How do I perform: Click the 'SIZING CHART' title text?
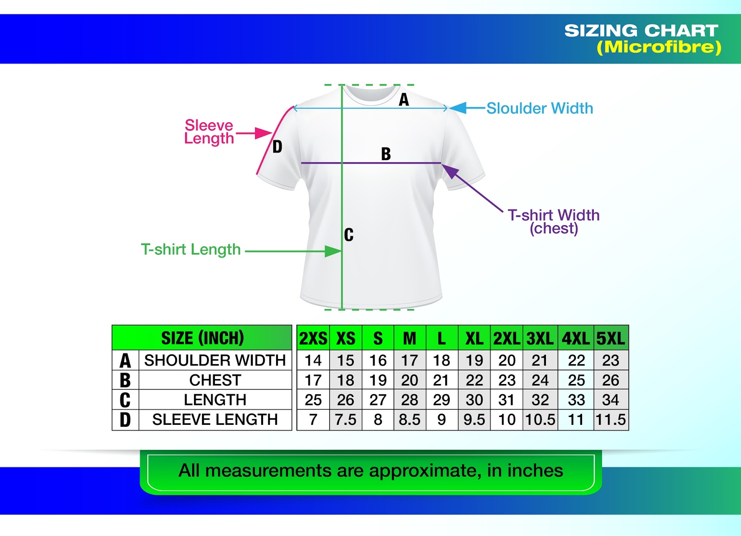[641, 31]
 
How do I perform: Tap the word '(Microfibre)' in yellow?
[659, 47]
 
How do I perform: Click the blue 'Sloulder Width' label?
[540, 108]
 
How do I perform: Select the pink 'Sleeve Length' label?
[209, 132]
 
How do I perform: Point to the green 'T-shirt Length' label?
[191, 250]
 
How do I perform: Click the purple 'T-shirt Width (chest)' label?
[553, 221]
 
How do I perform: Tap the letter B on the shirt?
[386, 154]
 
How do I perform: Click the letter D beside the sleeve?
[277, 147]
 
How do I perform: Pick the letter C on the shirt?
[349, 235]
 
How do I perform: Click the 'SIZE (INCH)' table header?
[202, 338]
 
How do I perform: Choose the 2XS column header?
[313, 339]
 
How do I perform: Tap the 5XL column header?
[610, 339]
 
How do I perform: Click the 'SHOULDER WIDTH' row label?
[215, 360]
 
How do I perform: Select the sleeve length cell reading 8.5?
[409, 420]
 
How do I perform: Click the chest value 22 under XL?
[474, 380]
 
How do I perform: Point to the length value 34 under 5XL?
[610, 400]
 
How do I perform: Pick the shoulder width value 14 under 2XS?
[313, 360]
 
